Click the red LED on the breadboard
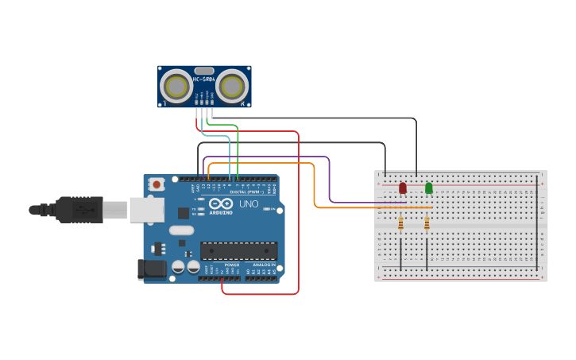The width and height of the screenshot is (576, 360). pos(403,188)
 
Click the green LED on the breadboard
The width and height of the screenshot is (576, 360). pos(429,188)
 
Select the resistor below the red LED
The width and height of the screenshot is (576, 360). pos(400,224)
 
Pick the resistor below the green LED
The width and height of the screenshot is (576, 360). pos(427,224)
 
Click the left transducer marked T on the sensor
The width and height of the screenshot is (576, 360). pos(176,86)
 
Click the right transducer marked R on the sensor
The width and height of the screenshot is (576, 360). pos(234,86)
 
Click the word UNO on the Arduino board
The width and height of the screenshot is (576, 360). pos(249,204)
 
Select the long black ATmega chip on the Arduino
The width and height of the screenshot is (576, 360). pos(238,250)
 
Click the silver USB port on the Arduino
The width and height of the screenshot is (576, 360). pos(147,209)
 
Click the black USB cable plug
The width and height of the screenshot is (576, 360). pos(79,210)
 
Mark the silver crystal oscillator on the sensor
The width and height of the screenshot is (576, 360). pos(203,70)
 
